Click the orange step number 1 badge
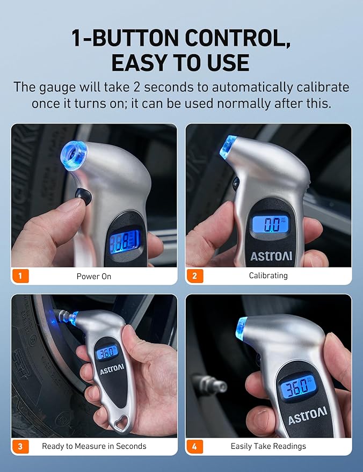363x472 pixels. point(20,275)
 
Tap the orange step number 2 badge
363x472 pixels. point(194,275)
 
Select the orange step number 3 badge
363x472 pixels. point(20,446)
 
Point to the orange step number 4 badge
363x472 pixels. point(194,446)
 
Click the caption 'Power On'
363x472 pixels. point(94,277)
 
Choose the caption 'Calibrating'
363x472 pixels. point(268,275)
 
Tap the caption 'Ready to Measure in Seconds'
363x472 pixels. point(94,446)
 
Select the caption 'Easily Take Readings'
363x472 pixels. point(268,446)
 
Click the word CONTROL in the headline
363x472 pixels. point(237,38)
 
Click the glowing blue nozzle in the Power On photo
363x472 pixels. point(74,155)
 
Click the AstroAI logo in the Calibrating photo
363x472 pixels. point(271,256)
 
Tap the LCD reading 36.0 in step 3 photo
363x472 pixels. point(106,352)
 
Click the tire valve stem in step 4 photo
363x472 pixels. point(210,384)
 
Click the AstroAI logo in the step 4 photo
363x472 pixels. point(307,416)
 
